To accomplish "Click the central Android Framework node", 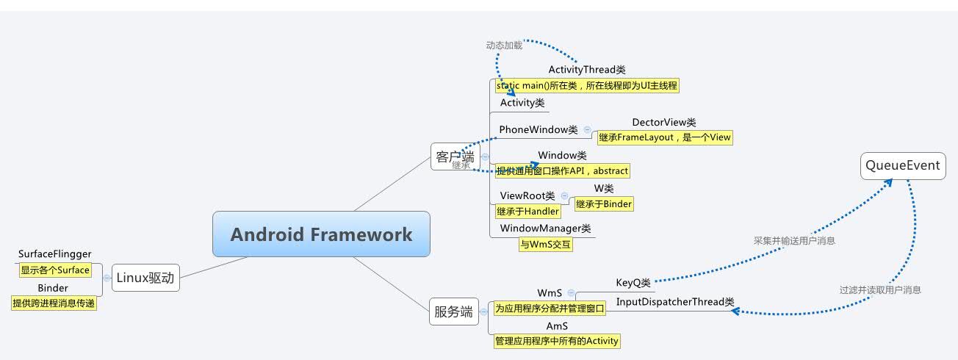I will (321, 234).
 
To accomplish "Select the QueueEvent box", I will (903, 166).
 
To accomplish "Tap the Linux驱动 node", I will (145, 278).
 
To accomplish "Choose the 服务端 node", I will (453, 312).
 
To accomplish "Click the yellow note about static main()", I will (586, 85).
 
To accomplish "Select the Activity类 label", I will (522, 103).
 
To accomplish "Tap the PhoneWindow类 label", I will (539, 130).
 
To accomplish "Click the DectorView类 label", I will (663, 123).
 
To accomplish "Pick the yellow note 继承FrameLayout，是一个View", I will (664, 137).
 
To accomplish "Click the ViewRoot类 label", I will (527, 196).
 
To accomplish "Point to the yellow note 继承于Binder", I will (603, 204).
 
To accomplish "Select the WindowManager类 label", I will (545, 229).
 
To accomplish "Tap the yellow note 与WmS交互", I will (545, 245).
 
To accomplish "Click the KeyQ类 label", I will (633, 283).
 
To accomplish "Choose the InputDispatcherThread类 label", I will (674, 302).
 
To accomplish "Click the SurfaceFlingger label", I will (54, 254).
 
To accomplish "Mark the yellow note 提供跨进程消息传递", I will (53, 303).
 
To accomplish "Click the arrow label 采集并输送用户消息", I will (794, 240).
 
